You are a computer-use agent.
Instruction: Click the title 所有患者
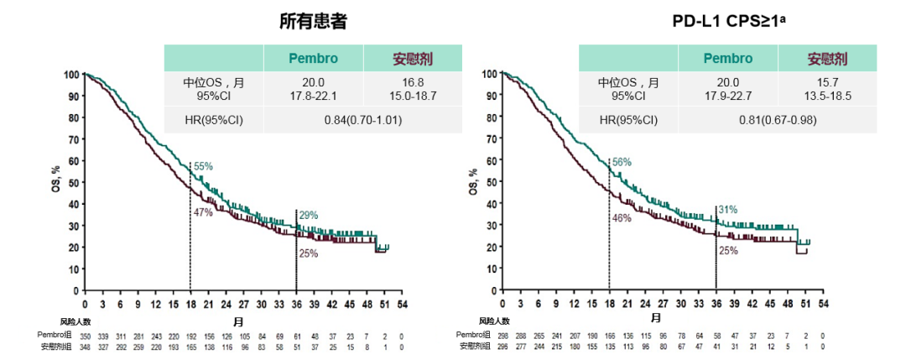tap(313, 22)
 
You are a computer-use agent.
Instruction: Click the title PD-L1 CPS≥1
tap(727, 22)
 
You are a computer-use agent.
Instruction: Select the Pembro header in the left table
tap(313, 59)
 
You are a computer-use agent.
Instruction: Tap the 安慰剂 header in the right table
tap(827, 59)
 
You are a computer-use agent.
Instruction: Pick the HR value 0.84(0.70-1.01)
tap(363, 120)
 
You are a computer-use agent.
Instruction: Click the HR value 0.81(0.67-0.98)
tap(778, 120)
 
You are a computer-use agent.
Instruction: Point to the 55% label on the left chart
tap(203, 167)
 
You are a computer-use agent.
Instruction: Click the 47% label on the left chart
tap(203, 212)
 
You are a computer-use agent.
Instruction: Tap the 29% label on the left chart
tap(308, 216)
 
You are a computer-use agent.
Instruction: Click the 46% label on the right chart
tap(621, 218)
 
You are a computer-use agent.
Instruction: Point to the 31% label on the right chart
tap(727, 210)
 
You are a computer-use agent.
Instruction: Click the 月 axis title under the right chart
tap(655, 318)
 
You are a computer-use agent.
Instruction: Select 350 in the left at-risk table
tap(85, 336)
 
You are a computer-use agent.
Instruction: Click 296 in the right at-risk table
tap(502, 345)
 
